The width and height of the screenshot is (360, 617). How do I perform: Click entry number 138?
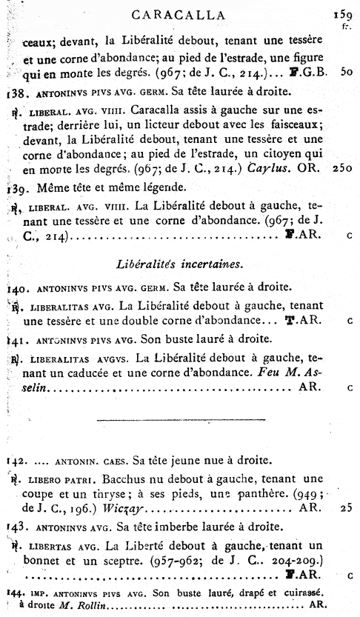pos(16,93)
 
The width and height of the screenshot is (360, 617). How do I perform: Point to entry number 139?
pos(16,187)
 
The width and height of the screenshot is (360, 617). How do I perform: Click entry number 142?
pos(16,460)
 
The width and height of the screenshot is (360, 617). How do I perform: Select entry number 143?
pos(16,527)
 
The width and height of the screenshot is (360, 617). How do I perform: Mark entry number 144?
pos(14,593)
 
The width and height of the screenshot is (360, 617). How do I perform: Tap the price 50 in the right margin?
pos(346,73)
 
